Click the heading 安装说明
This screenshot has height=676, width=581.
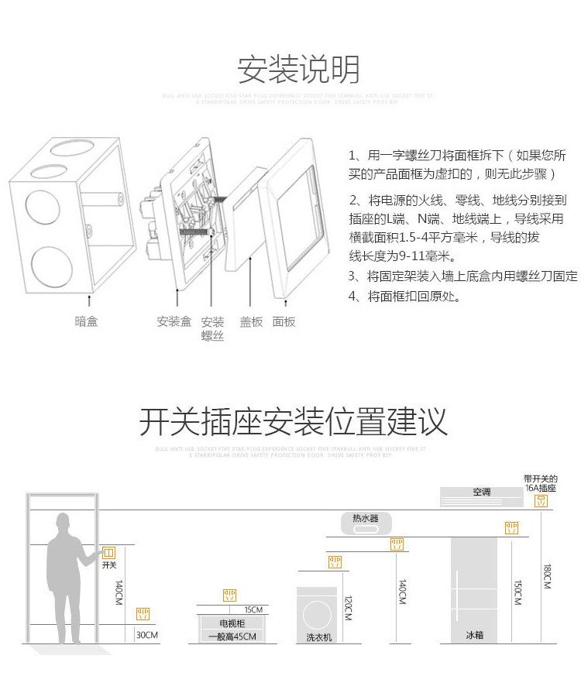298,70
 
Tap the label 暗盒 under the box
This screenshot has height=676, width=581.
86,321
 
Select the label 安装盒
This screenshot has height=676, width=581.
174,321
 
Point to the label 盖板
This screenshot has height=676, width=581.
251,322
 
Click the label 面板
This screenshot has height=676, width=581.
284,322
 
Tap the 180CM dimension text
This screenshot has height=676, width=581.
548,575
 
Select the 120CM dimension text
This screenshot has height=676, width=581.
348,607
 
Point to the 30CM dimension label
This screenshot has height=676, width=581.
146,635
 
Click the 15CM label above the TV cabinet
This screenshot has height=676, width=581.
253,609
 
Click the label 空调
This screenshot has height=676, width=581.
482,492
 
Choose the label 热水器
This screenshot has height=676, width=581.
366,518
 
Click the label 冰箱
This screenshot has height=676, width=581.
474,635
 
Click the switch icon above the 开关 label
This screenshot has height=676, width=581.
108,552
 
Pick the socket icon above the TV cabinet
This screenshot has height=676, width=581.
230,595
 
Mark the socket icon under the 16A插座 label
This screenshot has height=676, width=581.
541,501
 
